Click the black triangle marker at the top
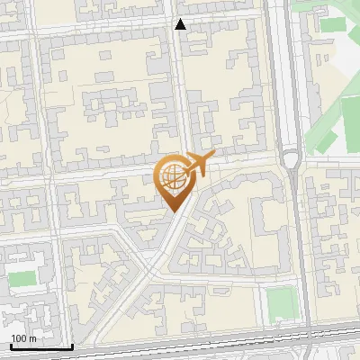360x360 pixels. click(181, 24)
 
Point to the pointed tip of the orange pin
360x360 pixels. click(171, 211)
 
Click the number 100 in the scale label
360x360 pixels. click(18, 338)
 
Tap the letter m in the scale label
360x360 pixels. click(32, 338)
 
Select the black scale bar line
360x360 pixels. click(41, 346)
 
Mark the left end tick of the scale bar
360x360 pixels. click(11, 345)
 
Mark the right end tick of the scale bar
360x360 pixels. click(72, 345)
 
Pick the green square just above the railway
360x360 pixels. click(282, 303)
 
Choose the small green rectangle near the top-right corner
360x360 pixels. click(333, 25)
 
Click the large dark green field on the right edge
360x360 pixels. click(352, 126)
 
